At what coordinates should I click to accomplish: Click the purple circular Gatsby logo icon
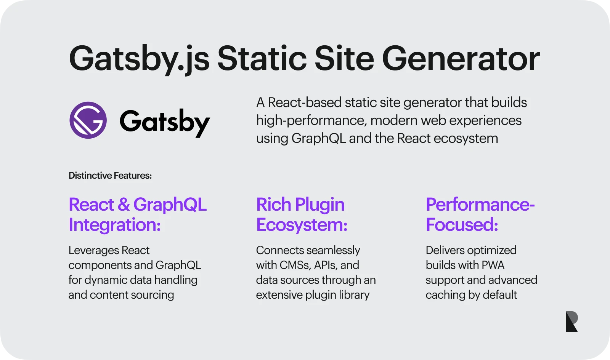(x=88, y=120)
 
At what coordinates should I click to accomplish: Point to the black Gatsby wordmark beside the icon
(x=165, y=123)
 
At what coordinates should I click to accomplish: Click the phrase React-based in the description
(x=305, y=102)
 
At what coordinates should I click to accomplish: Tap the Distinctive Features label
(x=110, y=176)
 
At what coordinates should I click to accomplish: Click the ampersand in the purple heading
(x=124, y=204)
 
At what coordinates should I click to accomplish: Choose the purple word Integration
(x=114, y=225)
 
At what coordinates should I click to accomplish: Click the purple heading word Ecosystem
(x=302, y=225)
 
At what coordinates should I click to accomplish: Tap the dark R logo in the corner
(x=571, y=322)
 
